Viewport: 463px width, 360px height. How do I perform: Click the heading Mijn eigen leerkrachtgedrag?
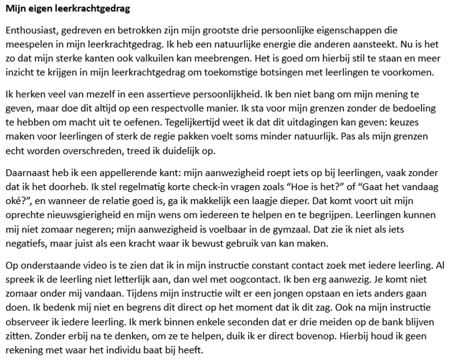coord(67,9)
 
